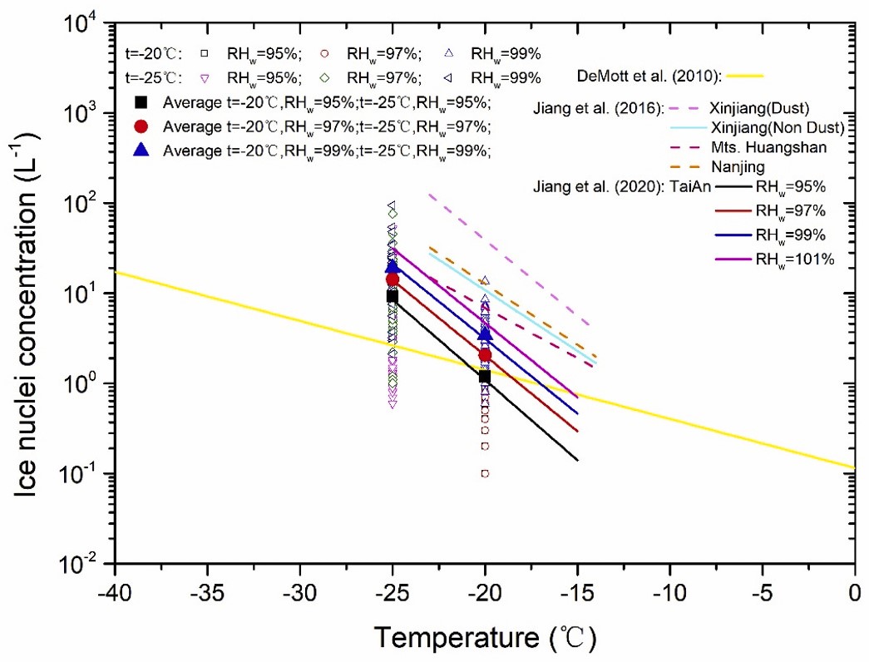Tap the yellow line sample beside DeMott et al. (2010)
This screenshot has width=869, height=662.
744,77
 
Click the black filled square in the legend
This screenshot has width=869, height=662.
142,103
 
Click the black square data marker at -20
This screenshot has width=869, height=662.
485,377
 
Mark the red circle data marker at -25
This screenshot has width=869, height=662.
393,279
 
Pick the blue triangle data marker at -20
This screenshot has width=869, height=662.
485,334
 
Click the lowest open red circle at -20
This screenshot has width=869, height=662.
485,474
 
